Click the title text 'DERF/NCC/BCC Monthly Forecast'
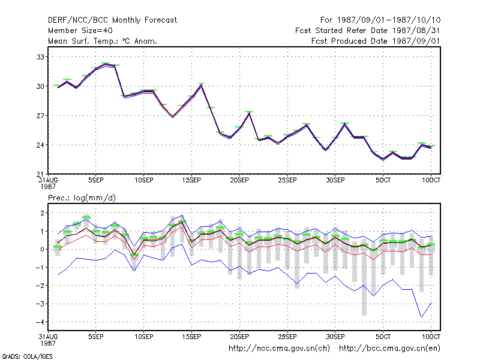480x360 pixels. (112, 20)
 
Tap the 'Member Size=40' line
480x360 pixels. (80, 31)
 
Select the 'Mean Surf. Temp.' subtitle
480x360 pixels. (103, 41)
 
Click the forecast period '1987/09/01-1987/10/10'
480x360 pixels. (389, 20)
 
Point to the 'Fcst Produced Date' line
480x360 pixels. (376, 41)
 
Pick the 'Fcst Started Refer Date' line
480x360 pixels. (367, 31)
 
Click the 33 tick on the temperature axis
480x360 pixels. (40, 57)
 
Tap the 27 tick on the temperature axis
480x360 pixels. (40, 116)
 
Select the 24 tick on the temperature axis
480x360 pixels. (40, 145)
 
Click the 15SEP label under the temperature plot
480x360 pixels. (191, 181)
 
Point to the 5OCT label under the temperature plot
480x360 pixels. (383, 181)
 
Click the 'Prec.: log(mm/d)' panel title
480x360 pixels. (82, 198)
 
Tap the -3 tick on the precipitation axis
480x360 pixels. (40, 304)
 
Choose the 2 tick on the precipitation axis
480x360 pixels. (42, 213)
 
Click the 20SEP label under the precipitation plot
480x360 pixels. (239, 337)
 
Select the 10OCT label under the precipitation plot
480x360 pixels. (431, 337)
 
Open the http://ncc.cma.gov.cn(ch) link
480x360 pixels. (279, 349)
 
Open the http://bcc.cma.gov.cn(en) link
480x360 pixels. (389, 349)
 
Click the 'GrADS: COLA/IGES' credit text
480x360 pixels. (27, 356)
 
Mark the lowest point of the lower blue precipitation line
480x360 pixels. (422, 317)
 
